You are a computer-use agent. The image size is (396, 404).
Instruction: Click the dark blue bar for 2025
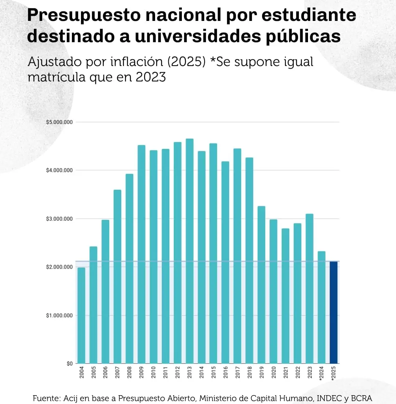[x=334, y=312]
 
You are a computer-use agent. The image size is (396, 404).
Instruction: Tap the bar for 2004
[x=81, y=316]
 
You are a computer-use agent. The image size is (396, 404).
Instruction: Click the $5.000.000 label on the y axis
[x=59, y=122]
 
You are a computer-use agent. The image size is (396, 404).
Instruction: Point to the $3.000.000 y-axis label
[x=59, y=219]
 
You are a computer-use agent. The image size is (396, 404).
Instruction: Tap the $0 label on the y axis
[x=70, y=364]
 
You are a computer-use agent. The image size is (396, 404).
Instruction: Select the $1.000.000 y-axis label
[x=59, y=316]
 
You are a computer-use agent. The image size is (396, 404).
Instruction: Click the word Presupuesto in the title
[x=81, y=15]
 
